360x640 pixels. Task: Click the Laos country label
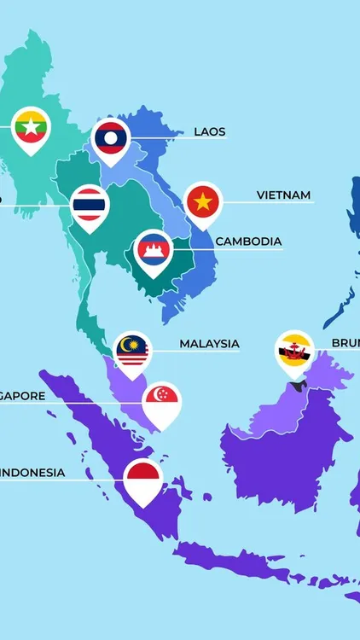coord(210,131)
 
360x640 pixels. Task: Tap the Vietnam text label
coord(283,195)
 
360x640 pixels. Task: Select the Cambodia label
coord(248,241)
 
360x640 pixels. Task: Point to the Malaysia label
coord(209,344)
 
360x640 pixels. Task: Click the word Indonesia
coord(32,472)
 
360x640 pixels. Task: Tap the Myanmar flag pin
coord(32,128)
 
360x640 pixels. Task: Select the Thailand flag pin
coord(89,206)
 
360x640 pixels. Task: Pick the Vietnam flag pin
coord(203,202)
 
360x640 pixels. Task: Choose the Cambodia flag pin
coord(154,250)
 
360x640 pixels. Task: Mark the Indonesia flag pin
coord(143,480)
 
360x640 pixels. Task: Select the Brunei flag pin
coord(294,351)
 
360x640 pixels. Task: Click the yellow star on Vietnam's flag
coord(203,201)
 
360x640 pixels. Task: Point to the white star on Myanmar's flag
coord(32,127)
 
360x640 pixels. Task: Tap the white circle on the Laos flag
coord(111,137)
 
